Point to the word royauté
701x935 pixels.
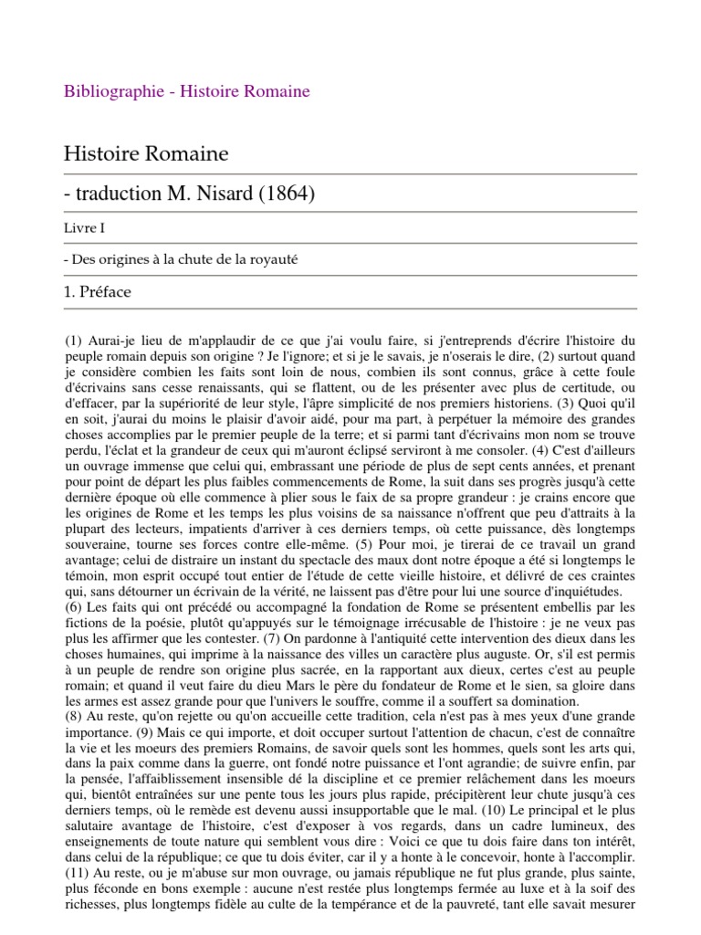tap(274, 260)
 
